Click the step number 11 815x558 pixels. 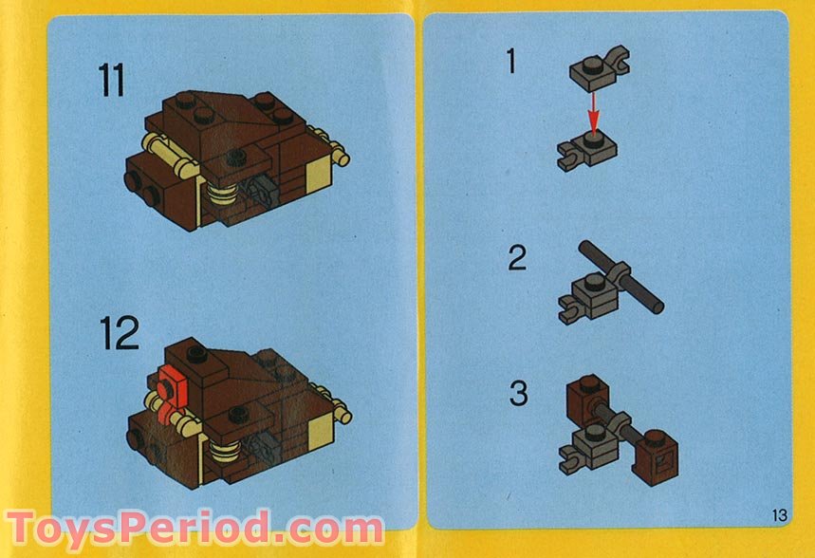pyautogui.click(x=111, y=81)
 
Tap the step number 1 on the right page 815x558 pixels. pyautogui.click(x=511, y=63)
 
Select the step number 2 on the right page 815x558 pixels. pyautogui.click(x=516, y=257)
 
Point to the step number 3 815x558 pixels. pyautogui.click(x=518, y=393)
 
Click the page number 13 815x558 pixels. pyautogui.click(x=779, y=515)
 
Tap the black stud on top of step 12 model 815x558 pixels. pyautogui.click(x=197, y=359)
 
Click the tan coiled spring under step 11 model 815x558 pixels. pyautogui.click(x=223, y=200)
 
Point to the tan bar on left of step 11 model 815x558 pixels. pyautogui.click(x=161, y=150)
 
